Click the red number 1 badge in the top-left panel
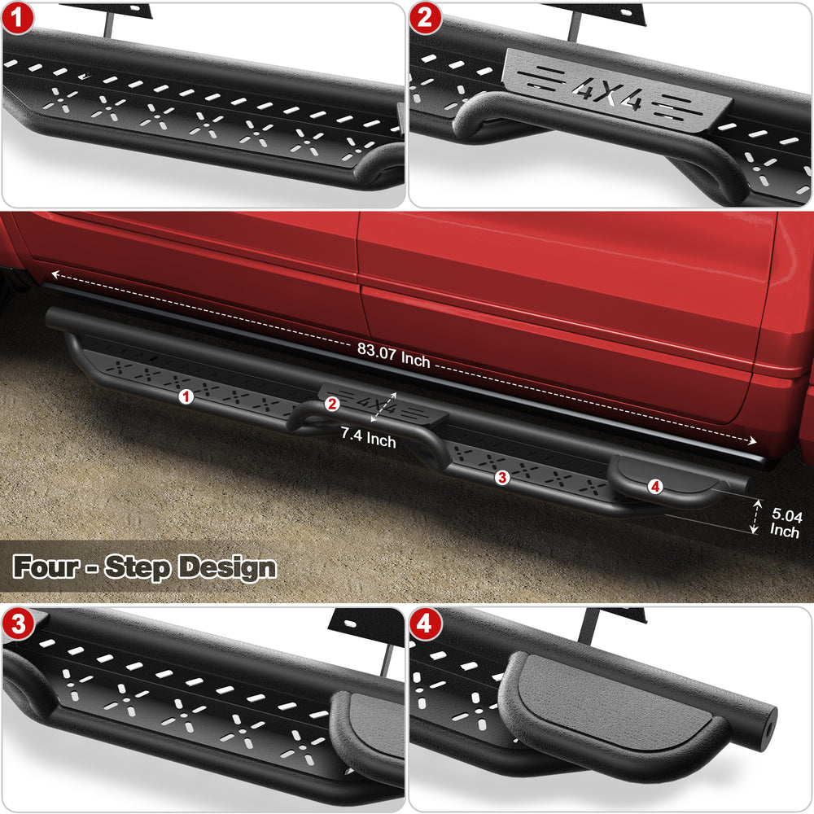click(17, 18)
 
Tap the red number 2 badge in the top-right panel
click(425, 18)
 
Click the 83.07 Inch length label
click(393, 356)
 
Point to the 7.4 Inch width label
click(368, 437)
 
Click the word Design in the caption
click(227, 567)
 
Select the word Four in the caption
click(46, 566)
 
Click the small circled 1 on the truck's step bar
click(186, 397)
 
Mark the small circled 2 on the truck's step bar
click(332, 404)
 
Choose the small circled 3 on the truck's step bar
click(502, 477)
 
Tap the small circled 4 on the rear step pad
click(655, 487)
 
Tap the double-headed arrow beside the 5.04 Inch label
click(755, 516)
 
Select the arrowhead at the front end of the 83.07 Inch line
click(55, 274)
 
